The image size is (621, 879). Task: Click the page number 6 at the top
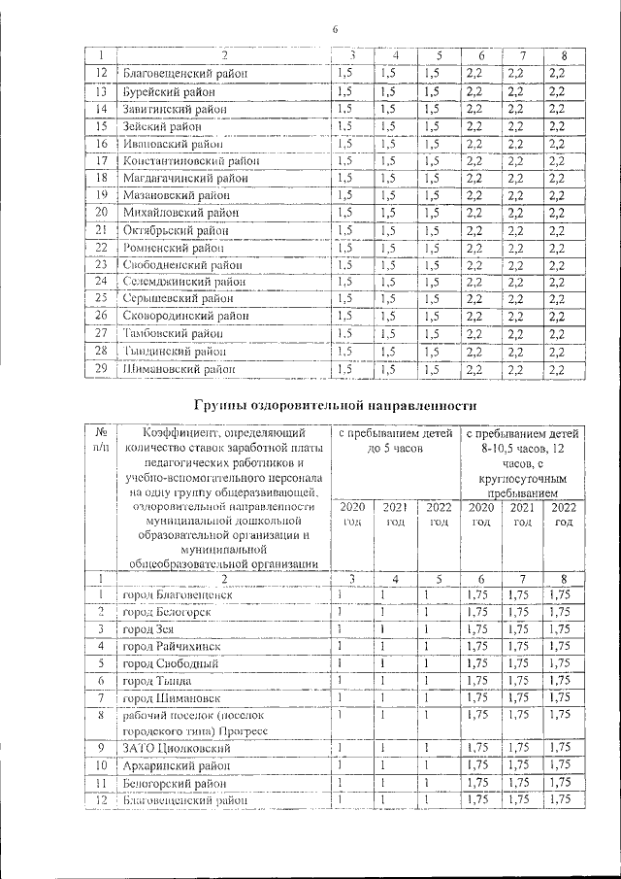pos(335,30)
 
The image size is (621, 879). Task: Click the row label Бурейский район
pos(161,91)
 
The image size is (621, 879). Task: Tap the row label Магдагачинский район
pos(176,178)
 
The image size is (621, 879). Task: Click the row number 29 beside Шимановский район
pos(100,369)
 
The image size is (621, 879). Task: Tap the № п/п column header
pos(100,439)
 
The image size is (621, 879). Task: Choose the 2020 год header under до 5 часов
pos(351,515)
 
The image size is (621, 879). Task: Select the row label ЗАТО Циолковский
pos(172,749)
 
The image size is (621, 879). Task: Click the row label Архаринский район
pos(173,766)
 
